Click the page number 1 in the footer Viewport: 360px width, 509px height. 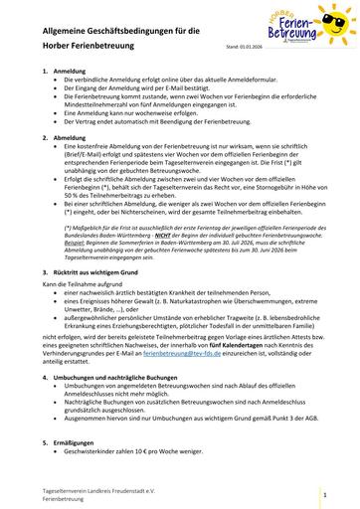coord(325,492)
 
